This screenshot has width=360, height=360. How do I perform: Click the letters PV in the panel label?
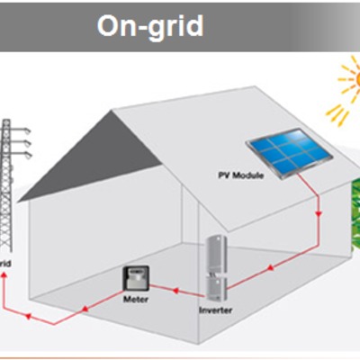click(226, 175)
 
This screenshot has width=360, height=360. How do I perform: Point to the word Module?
click(249, 175)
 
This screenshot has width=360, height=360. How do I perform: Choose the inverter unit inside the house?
click(214, 267)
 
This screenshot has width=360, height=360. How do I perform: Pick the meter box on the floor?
click(136, 279)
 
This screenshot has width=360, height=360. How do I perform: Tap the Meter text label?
click(135, 298)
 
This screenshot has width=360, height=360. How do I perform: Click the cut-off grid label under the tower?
click(5, 264)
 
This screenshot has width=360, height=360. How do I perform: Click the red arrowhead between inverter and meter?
click(174, 291)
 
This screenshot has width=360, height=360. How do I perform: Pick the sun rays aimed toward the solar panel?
click(335, 112)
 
